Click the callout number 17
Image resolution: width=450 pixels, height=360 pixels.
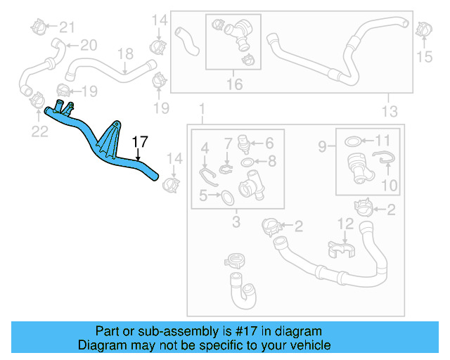(x=140, y=141)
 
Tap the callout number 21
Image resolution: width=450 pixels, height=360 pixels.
(x=66, y=27)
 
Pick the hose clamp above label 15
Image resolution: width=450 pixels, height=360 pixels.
(x=423, y=30)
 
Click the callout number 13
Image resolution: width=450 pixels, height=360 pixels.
(x=389, y=111)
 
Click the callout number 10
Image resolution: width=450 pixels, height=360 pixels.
(x=389, y=186)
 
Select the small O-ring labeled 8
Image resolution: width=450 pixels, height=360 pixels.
(x=247, y=163)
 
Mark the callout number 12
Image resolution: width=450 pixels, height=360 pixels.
(x=344, y=224)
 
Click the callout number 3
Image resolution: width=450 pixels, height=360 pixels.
(x=236, y=223)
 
